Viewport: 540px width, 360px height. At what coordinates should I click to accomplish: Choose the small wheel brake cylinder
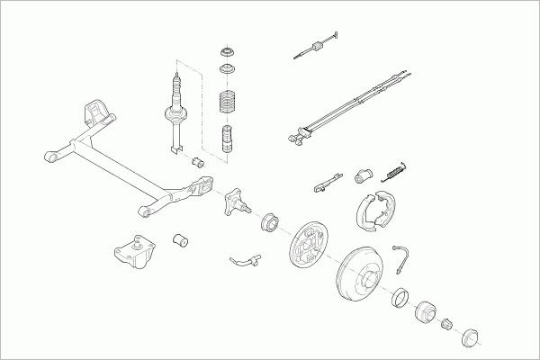(366, 173)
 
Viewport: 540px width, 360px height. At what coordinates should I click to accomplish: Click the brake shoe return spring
(395, 169)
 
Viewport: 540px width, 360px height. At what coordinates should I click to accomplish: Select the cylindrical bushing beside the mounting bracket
(181, 240)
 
